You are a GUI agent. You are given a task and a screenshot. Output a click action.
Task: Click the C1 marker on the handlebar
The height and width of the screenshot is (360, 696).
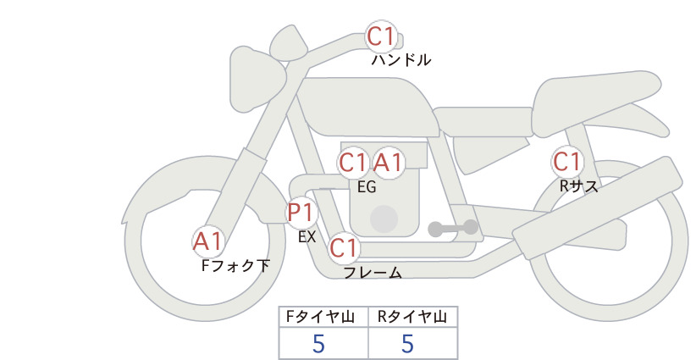pyautogui.click(x=381, y=36)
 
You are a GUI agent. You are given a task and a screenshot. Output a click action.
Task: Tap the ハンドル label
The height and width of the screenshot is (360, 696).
pyautogui.click(x=400, y=59)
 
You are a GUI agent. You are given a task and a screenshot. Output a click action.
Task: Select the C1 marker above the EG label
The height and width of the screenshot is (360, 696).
pyautogui.click(x=353, y=163)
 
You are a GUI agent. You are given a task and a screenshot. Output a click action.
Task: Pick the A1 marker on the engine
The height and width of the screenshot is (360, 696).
pyautogui.click(x=389, y=163)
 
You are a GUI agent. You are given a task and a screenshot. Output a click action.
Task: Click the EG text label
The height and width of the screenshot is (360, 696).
pyautogui.click(x=367, y=187)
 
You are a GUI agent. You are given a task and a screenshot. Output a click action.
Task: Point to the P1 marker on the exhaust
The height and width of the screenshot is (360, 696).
pyautogui.click(x=301, y=213)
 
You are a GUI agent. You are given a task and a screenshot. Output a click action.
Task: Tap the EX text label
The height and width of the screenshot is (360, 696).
pyautogui.click(x=307, y=237)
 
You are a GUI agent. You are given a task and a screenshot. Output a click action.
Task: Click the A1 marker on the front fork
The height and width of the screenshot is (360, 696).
pyautogui.click(x=208, y=242)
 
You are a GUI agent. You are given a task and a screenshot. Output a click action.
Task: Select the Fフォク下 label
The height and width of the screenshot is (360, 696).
pyautogui.click(x=235, y=265)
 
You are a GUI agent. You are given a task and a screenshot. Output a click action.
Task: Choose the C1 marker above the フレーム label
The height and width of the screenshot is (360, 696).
pyautogui.click(x=344, y=247)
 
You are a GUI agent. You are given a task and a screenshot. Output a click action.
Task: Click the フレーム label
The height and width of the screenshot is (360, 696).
pyautogui.click(x=373, y=273)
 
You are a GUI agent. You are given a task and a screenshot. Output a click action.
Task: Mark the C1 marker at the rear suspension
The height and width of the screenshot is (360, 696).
pyautogui.click(x=567, y=162)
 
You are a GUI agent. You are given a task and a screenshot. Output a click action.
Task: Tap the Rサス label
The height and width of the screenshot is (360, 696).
pyautogui.click(x=578, y=186)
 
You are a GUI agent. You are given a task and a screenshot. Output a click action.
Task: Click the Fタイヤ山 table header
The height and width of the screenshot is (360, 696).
pyautogui.click(x=320, y=317)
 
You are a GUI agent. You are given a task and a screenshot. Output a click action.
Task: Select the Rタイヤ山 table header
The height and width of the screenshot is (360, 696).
pyautogui.click(x=412, y=317)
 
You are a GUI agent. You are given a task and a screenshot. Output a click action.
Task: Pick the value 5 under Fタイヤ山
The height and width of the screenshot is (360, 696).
pyautogui.click(x=318, y=344)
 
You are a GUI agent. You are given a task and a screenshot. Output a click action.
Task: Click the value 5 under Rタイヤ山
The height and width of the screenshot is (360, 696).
pyautogui.click(x=407, y=344)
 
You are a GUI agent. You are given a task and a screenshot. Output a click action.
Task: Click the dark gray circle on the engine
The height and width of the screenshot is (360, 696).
pyautogui.click(x=384, y=219)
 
